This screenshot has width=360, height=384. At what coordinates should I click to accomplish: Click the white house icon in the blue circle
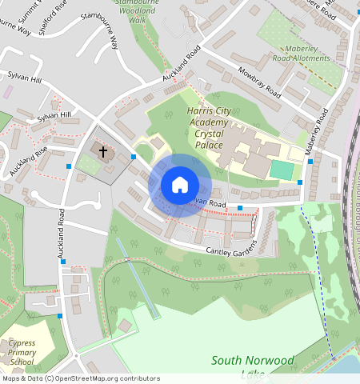click(x=180, y=186)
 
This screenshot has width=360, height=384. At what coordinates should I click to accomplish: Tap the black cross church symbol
click(x=102, y=150)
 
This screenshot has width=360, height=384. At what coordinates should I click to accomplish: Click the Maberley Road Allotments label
click(x=300, y=53)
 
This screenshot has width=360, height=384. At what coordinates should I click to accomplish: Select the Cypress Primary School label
click(x=22, y=352)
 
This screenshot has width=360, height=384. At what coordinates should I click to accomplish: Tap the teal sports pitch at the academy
click(x=281, y=170)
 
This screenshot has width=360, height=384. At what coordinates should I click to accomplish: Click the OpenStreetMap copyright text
click(x=80, y=379)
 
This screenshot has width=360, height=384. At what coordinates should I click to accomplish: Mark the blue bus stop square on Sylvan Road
click(x=239, y=208)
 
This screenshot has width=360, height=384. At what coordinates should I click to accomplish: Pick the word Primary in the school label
click(x=22, y=352)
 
